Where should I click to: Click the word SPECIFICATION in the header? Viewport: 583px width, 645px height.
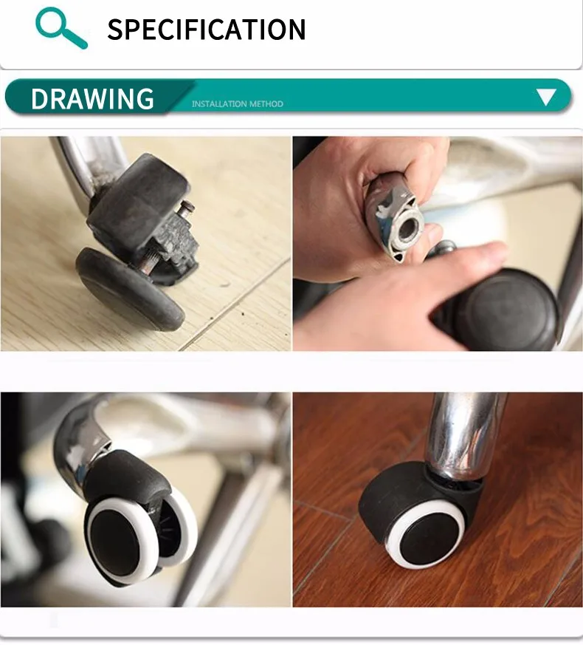tap(206, 30)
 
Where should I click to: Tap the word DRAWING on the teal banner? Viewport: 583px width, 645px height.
tap(92, 98)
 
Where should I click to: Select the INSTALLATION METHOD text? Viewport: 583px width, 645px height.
tap(237, 104)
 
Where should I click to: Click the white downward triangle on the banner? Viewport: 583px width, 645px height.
tap(546, 97)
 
